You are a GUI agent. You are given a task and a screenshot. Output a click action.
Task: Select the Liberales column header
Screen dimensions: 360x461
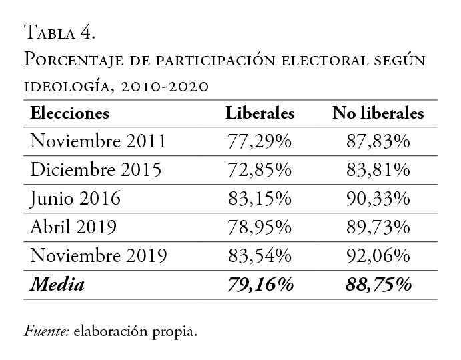260,113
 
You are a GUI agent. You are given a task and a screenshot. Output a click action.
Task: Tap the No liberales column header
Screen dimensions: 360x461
378,113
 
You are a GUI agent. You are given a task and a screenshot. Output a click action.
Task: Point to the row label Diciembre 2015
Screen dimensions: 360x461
96,170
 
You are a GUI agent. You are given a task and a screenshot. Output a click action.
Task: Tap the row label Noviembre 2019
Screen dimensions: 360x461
99,256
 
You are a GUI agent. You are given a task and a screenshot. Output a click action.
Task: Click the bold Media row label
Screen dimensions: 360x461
57,285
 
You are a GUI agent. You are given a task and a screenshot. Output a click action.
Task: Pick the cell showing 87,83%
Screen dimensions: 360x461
378,141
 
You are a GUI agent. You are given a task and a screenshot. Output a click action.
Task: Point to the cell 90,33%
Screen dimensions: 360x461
378,199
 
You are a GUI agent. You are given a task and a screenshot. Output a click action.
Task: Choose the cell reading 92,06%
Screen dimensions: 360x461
378,256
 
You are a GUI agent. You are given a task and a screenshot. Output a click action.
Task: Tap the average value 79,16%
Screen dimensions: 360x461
260,285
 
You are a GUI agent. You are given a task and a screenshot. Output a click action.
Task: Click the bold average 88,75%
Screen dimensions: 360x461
378,285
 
